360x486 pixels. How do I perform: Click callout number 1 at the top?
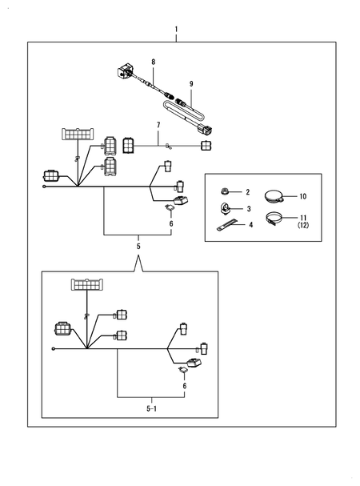pyautogui.click(x=176, y=30)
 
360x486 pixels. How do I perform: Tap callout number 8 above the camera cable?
pyautogui.click(x=154, y=62)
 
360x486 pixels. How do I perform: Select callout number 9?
pyautogui.click(x=191, y=84)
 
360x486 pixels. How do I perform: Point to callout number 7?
pyautogui.click(x=158, y=125)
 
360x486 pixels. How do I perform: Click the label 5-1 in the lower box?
pyautogui.click(x=151, y=409)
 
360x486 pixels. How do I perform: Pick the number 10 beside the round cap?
pyautogui.click(x=302, y=196)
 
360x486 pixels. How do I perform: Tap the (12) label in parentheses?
pyautogui.click(x=303, y=225)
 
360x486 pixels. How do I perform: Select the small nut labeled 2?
pyautogui.click(x=225, y=192)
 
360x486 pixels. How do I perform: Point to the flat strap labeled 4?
pyautogui.click(x=226, y=225)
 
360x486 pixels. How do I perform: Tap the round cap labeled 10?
pyautogui.click(x=274, y=196)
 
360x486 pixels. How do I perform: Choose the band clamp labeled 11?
pyautogui.click(x=274, y=217)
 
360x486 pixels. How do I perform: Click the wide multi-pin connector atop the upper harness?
pyautogui.click(x=78, y=134)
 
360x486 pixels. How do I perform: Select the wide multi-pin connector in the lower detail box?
pyautogui.click(x=86, y=284)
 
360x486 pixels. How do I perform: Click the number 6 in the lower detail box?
pyautogui.click(x=185, y=386)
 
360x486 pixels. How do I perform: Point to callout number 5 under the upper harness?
pyautogui.click(x=138, y=247)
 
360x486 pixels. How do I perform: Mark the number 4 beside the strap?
pyautogui.click(x=250, y=225)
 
